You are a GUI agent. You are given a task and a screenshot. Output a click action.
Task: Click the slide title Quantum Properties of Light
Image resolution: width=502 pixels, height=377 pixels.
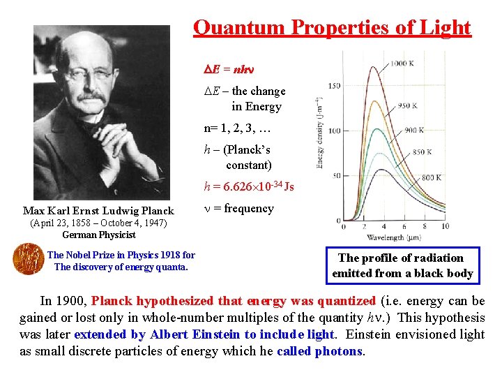332,28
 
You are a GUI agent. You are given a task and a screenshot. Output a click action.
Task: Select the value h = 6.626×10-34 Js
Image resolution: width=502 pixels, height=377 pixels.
248,186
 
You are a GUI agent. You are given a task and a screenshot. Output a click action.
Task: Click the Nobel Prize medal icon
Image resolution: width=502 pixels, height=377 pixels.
27,259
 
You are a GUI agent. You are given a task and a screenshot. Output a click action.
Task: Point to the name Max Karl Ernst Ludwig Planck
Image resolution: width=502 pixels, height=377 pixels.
98,211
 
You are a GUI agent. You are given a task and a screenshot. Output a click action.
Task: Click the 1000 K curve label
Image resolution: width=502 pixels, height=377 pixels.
402,64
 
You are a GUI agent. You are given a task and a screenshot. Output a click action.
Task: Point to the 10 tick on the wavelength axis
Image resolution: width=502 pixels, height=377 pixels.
445,226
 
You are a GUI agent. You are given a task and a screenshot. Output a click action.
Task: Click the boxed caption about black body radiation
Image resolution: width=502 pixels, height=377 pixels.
402,266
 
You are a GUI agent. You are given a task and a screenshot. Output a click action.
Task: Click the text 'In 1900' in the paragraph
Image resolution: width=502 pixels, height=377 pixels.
63,301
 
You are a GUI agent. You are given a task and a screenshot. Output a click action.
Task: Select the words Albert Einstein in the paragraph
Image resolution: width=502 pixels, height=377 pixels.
195,334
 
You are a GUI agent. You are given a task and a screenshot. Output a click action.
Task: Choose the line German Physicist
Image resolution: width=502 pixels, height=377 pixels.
98,235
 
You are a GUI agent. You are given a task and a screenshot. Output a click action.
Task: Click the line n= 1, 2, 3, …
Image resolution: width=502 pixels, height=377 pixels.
237,128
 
